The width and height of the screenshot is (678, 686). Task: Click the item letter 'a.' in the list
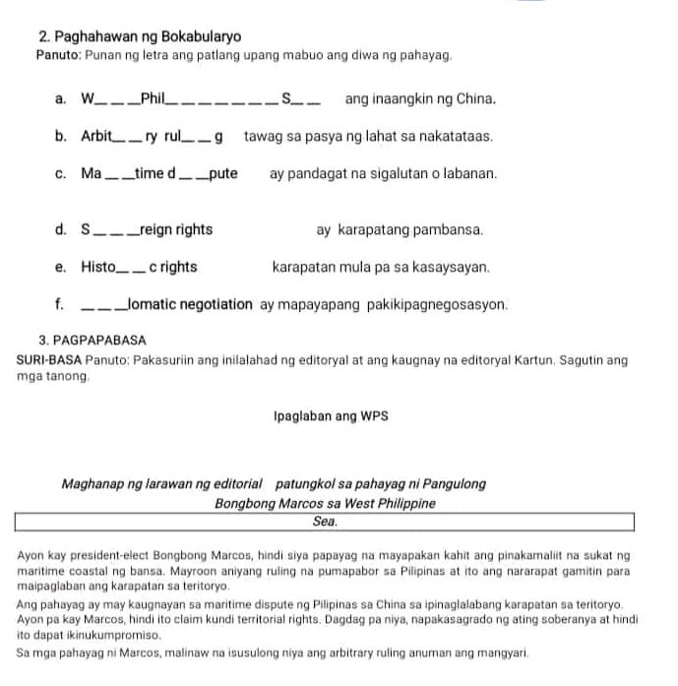61,99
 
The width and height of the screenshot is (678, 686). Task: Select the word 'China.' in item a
474,99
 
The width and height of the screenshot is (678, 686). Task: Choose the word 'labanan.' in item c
464,174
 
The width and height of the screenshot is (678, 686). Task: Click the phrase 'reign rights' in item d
176,230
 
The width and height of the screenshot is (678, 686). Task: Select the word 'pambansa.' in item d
449,230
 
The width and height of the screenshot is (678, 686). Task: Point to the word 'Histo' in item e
98,267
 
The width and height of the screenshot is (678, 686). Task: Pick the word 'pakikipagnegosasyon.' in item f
446,305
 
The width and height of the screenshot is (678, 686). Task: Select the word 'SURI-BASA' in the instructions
47,361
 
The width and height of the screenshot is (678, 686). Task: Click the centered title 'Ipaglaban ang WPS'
331,416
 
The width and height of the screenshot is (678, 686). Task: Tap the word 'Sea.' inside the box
326,521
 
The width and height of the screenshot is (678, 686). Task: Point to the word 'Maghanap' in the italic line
89,485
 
